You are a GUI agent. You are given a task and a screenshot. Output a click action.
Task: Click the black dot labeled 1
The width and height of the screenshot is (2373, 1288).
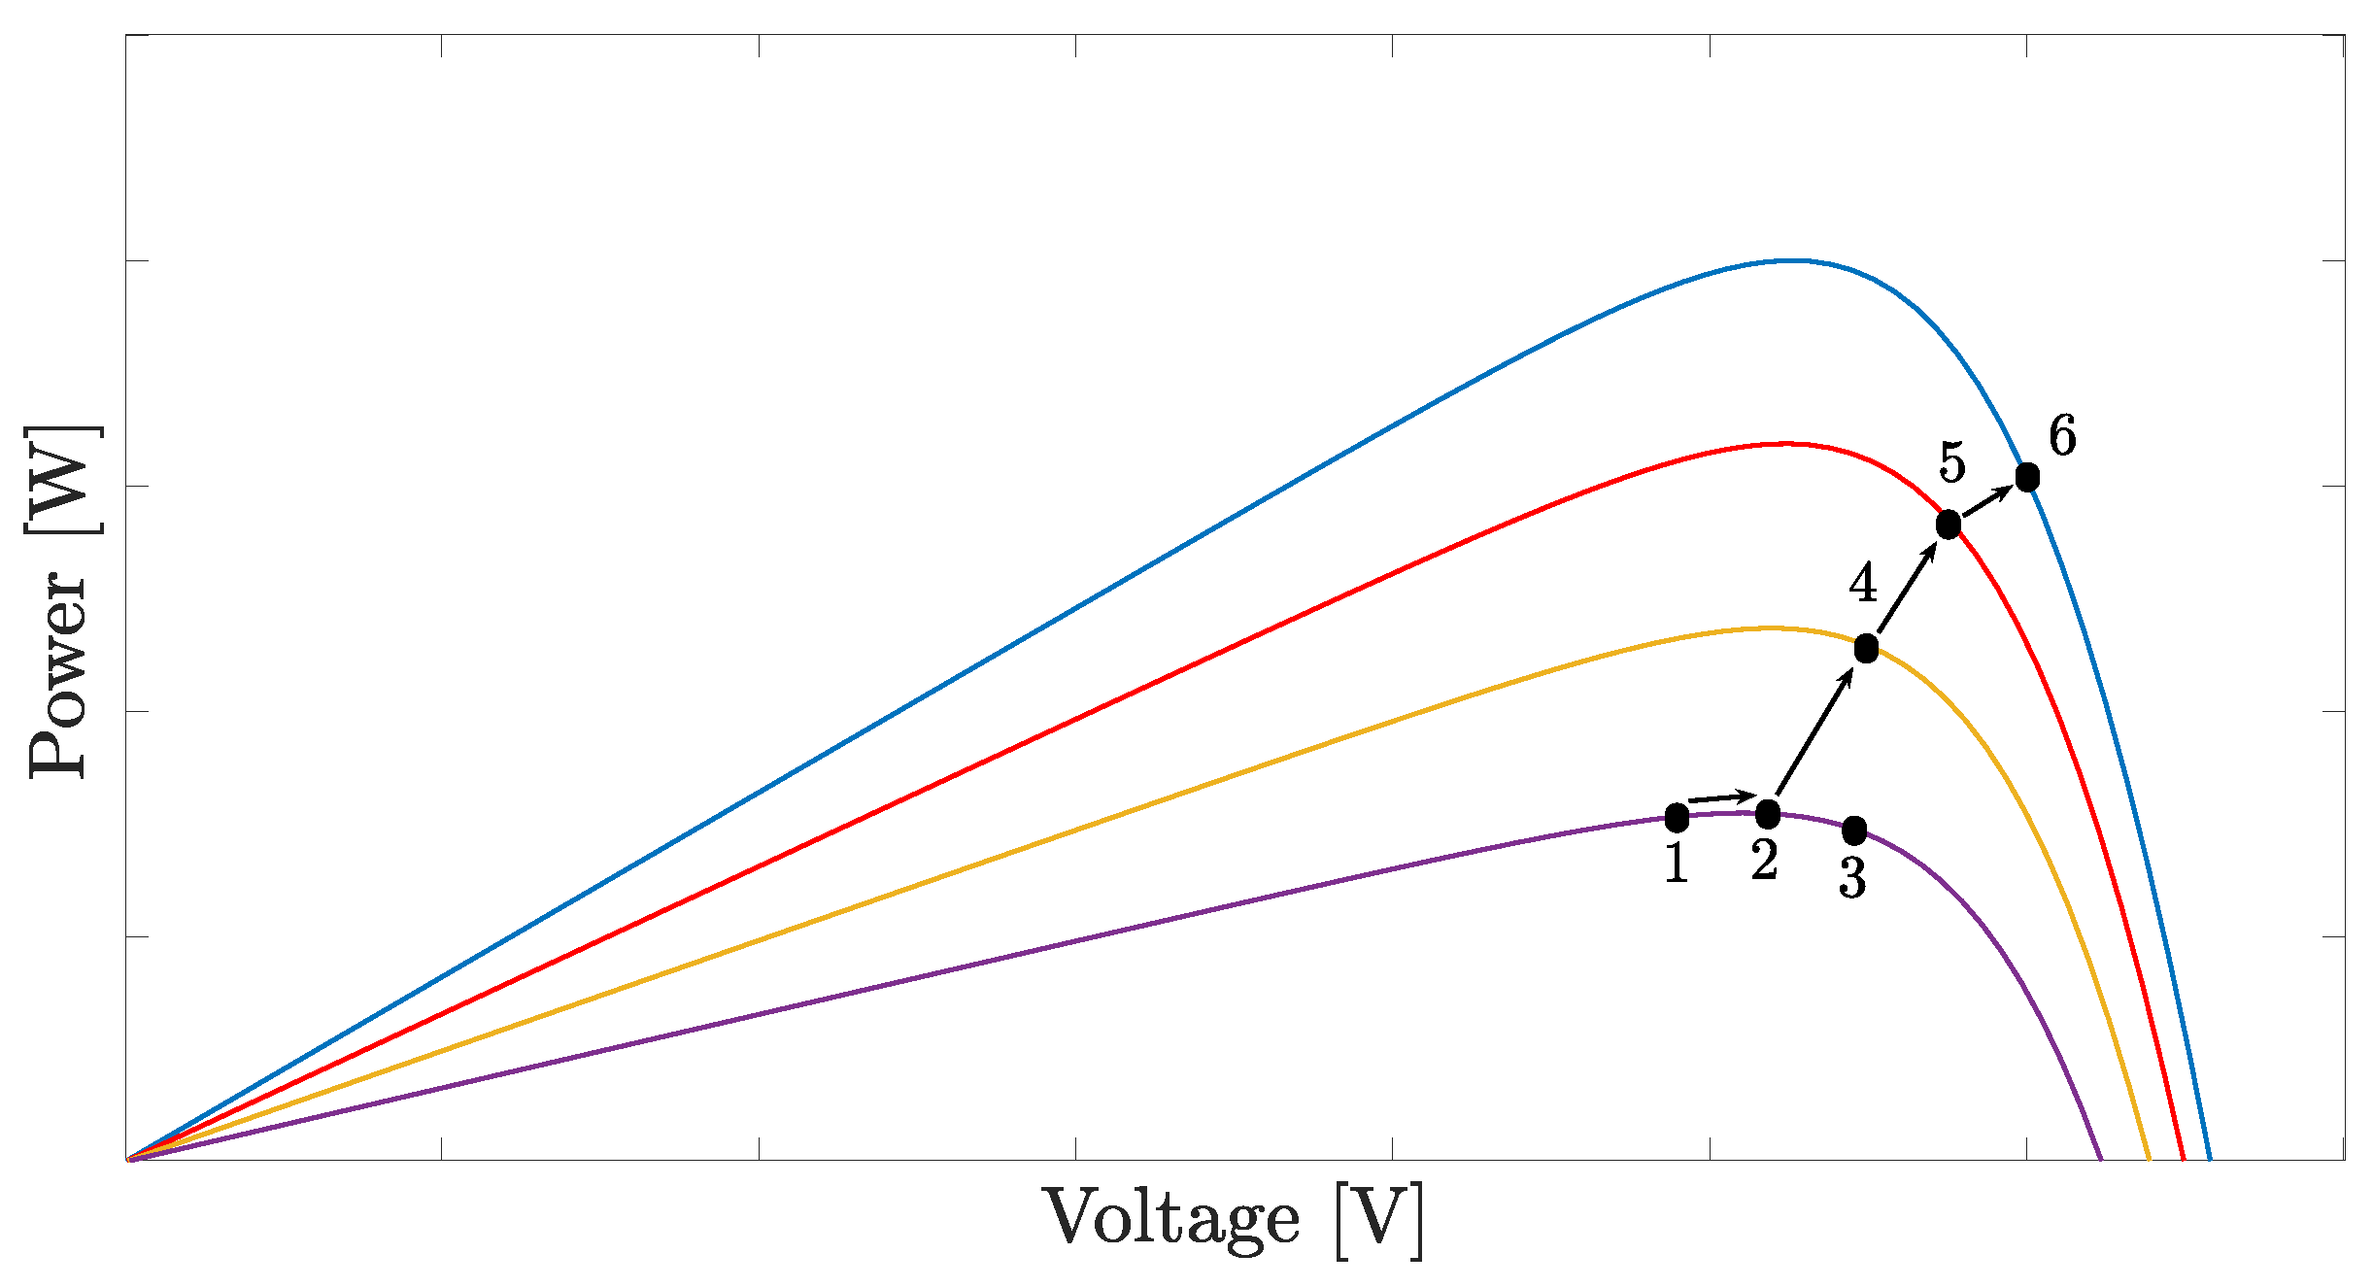click(1677, 818)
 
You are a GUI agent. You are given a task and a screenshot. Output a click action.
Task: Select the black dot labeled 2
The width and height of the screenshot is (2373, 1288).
click(1768, 814)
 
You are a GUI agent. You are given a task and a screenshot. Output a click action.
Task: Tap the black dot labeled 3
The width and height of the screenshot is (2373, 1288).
click(1854, 830)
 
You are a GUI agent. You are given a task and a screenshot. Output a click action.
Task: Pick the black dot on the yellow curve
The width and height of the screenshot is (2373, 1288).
click(1866, 649)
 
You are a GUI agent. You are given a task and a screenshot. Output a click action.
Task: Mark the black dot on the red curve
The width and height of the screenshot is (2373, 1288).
click(1949, 525)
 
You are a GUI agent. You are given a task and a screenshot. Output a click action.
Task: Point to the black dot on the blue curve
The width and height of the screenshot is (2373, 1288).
click(2027, 478)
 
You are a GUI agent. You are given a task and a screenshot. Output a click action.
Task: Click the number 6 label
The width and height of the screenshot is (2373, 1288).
click(2062, 436)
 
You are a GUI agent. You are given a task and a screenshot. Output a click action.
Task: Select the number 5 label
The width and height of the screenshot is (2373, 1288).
click(1952, 462)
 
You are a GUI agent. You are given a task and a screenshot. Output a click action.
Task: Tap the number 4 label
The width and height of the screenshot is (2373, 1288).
click(1863, 584)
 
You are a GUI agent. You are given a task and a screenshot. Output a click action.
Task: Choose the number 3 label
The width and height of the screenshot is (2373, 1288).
click(1852, 878)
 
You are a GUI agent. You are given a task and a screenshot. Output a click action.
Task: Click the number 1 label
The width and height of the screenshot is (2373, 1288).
click(1677, 863)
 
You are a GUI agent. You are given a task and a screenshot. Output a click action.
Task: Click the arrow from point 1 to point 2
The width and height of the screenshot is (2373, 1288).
click(1721, 798)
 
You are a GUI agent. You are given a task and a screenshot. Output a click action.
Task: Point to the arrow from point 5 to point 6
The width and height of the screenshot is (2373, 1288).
click(1987, 501)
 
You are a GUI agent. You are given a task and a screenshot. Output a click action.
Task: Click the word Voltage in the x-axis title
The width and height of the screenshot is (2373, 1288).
click(1171, 1218)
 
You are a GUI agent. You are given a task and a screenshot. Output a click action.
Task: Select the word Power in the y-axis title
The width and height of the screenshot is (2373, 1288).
click(58, 675)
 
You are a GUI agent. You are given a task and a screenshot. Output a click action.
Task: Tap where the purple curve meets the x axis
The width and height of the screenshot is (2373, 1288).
click(2101, 1158)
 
